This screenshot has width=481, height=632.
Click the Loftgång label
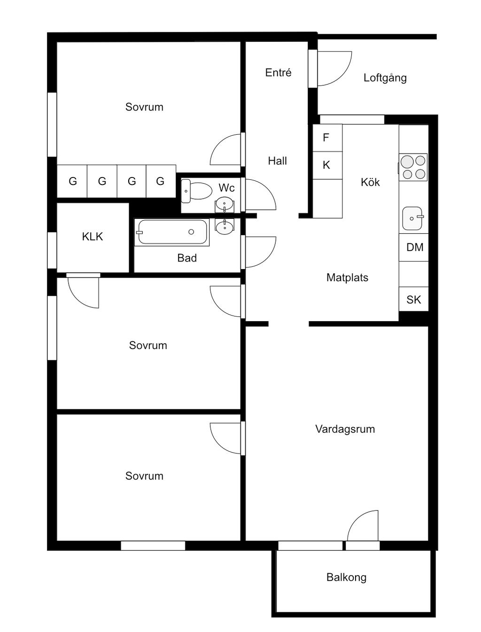pyautogui.click(x=385, y=78)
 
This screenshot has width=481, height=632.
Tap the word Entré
pyautogui.click(x=278, y=73)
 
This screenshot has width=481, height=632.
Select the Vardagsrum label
pyautogui.click(x=345, y=429)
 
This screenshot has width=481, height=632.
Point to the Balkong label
pyautogui.click(x=346, y=578)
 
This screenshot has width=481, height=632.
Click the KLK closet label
pyautogui.click(x=93, y=237)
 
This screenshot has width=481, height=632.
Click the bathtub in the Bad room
pyautogui.click(x=172, y=232)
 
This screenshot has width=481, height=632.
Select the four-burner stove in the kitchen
pyautogui.click(x=413, y=168)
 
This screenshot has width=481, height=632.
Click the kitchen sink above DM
pyautogui.click(x=413, y=218)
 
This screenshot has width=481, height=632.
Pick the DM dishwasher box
pyautogui.click(x=414, y=247)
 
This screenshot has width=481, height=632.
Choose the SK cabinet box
pyautogui.click(x=414, y=300)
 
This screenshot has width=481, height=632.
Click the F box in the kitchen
pyautogui.click(x=326, y=138)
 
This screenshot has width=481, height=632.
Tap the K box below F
pyautogui.click(x=326, y=165)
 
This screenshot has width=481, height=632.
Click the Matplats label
pyautogui.click(x=347, y=278)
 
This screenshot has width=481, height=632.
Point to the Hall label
pyautogui.click(x=277, y=161)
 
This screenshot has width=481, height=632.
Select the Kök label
pyautogui.click(x=370, y=182)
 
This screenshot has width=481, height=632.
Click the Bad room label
pyautogui.click(x=187, y=258)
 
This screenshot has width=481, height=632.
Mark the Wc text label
pyautogui.click(x=226, y=188)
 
